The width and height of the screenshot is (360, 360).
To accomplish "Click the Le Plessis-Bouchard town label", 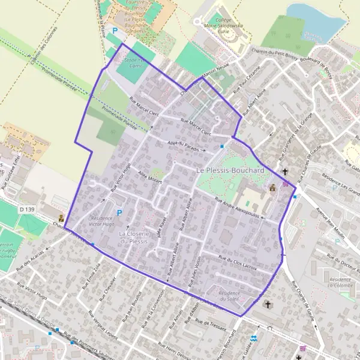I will (230, 171).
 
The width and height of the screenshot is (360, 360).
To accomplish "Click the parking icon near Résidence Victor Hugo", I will (119, 212).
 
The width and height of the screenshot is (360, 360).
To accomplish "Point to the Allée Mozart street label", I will (151, 177).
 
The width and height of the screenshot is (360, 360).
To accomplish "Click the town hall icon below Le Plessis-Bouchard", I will (272, 187).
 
